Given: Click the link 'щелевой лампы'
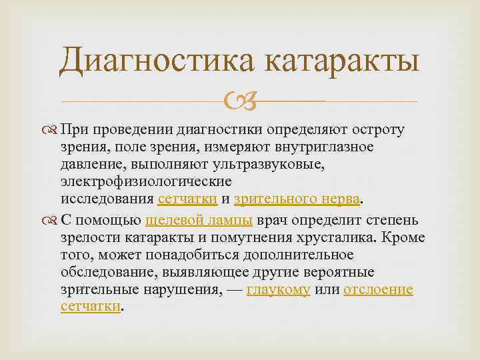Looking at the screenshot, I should point(198,221).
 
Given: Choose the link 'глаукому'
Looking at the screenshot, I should point(278,290).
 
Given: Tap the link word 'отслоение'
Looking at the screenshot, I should point(378,290).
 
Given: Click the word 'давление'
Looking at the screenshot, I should point(91,164).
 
